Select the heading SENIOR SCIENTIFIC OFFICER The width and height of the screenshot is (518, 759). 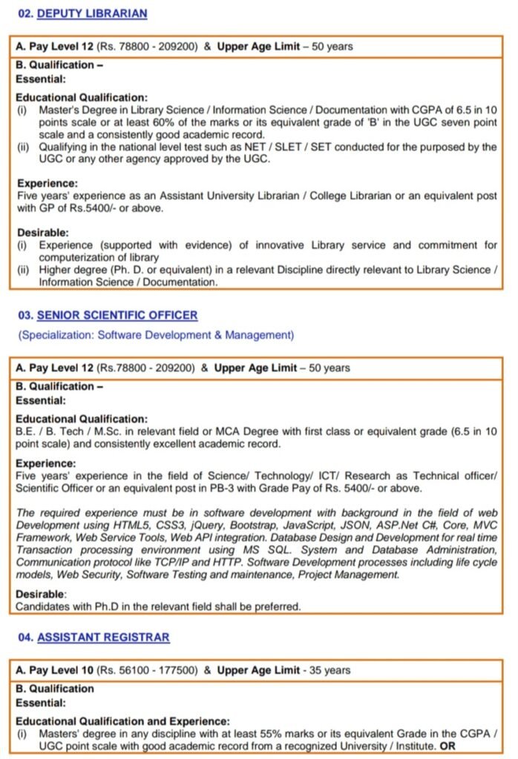click(x=117, y=315)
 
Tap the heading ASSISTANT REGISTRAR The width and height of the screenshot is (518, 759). click(x=103, y=637)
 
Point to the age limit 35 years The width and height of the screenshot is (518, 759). click(x=329, y=670)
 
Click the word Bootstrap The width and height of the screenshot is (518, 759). click(x=254, y=525)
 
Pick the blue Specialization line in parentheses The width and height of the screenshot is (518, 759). click(x=156, y=335)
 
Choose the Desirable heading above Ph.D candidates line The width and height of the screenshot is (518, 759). click(x=42, y=594)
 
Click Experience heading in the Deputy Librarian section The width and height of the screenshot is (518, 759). click(x=46, y=183)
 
